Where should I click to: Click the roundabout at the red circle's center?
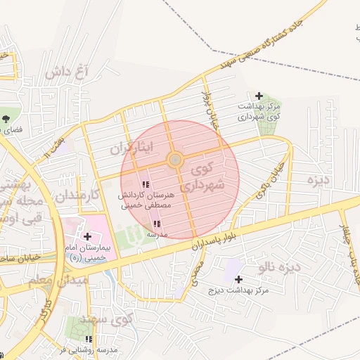(176, 160)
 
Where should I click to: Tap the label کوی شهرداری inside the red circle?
(206, 176)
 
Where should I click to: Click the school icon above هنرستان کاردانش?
(146, 185)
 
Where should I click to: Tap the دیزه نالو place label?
(279, 266)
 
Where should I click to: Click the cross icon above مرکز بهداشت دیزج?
(239, 279)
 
